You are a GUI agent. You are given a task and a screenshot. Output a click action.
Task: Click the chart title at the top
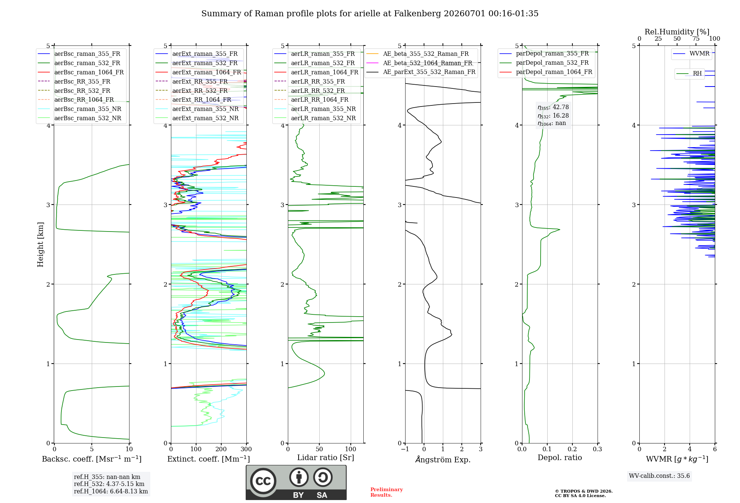coord(370,14)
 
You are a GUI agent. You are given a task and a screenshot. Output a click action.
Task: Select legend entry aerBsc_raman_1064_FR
coord(81,72)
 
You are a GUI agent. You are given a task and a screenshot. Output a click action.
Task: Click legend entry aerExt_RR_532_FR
coord(192,91)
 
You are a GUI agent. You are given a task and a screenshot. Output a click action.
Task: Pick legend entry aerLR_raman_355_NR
coord(315,109)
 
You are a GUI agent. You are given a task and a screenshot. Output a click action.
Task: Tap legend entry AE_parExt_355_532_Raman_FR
coord(421,72)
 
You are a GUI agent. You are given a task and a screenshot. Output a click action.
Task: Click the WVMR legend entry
coord(691,54)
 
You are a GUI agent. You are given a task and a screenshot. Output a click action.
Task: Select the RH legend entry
coord(689,73)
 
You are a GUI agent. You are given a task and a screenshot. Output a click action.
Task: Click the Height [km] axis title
coord(40,244)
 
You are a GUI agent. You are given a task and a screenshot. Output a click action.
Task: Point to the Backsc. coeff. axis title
coord(92,459)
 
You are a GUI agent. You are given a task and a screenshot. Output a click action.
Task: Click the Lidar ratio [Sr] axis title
coord(326,458)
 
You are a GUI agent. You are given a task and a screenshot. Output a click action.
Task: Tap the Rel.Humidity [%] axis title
coord(677,32)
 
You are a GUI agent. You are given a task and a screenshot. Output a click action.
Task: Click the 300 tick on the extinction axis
coord(246,449)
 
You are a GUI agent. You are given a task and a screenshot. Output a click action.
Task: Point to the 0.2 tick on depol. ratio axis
coord(572,449)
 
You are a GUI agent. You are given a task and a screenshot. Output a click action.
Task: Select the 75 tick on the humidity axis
coord(696,38)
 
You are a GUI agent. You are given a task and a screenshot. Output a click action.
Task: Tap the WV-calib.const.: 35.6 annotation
coord(659,476)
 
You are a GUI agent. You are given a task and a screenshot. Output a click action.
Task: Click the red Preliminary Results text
coord(387,492)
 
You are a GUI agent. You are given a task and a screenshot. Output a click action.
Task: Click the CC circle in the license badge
coord(263,481)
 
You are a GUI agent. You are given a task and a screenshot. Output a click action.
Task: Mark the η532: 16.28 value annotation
coord(553,116)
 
